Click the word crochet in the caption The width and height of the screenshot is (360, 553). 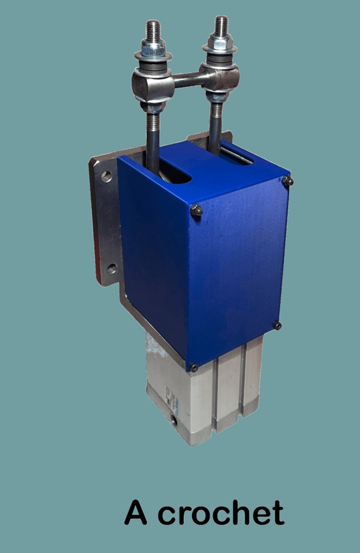[221, 512]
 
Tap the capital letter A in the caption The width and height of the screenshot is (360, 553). [136, 512]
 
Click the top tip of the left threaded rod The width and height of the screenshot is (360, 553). [153, 22]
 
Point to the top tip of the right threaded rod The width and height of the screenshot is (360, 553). [221, 17]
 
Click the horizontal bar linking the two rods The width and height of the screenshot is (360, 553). [187, 79]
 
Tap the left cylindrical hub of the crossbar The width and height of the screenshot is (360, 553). [153, 85]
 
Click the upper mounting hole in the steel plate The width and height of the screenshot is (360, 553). [106, 176]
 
